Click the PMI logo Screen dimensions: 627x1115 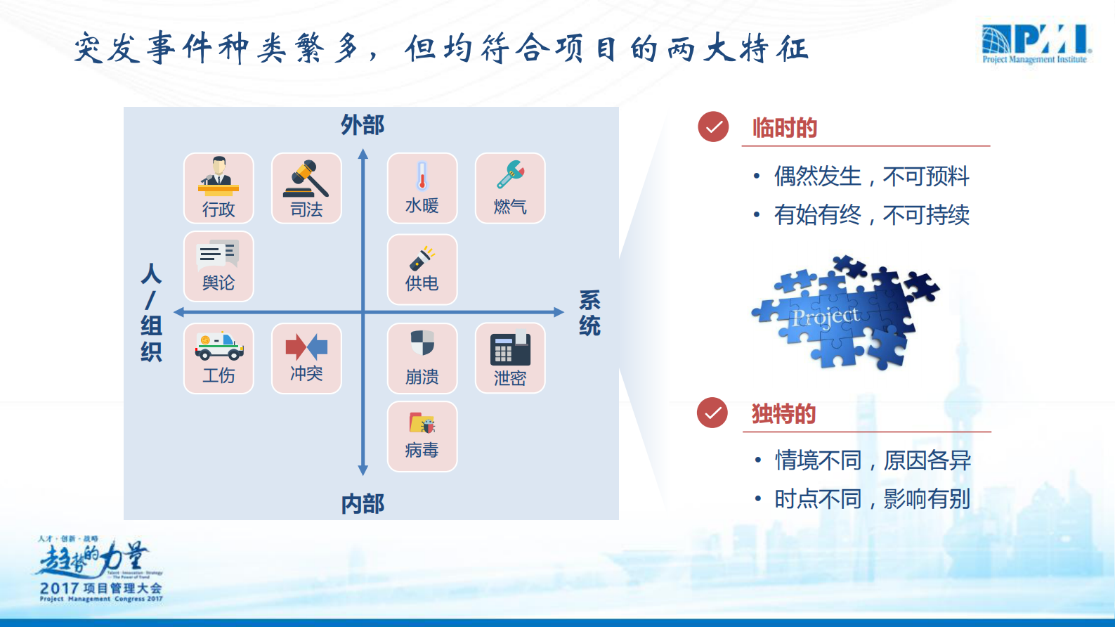coord(1036,44)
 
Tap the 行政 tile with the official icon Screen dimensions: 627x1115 coord(219,188)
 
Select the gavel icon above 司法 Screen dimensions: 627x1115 coord(306,179)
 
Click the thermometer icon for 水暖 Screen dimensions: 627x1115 coord(422,176)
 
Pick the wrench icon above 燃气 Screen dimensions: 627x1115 coord(510,174)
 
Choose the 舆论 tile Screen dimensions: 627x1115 coord(219,266)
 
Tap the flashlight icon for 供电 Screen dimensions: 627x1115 coord(422,258)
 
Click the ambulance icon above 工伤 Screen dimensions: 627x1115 coord(219,345)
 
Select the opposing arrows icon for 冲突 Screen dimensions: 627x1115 coord(306,347)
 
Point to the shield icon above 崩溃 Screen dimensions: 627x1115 coord(422,344)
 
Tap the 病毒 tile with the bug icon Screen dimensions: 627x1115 coord(422,437)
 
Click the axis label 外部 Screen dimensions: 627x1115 coord(363,125)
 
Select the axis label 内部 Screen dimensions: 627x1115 coord(363,503)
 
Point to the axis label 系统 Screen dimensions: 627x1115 coord(589,313)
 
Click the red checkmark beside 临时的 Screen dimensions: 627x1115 coord(713,127)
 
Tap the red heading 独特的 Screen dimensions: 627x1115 coord(784,413)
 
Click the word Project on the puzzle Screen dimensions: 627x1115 coord(825,317)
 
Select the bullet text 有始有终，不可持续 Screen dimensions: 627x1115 coord(871,214)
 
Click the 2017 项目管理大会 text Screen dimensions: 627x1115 coord(101,588)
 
